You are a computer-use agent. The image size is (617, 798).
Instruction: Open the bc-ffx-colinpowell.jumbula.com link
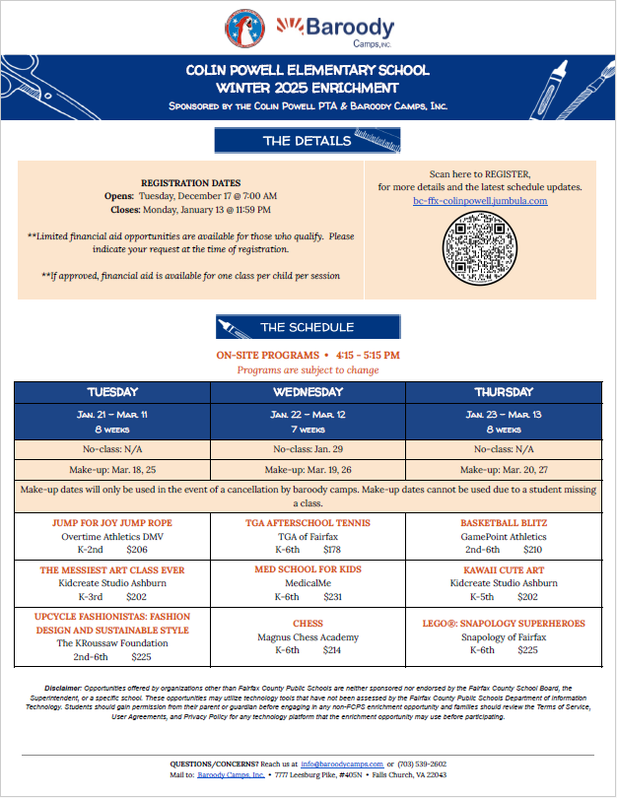(x=480, y=201)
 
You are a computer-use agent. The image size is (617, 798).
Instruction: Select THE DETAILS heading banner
(x=308, y=141)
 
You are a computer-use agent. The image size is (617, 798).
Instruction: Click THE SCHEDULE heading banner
(x=308, y=327)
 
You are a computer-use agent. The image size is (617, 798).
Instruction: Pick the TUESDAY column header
(x=112, y=392)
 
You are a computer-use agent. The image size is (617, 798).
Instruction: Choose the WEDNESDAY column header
(x=308, y=392)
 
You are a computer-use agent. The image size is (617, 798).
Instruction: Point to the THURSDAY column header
(x=503, y=392)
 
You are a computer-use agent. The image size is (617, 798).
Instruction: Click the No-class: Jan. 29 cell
(x=308, y=448)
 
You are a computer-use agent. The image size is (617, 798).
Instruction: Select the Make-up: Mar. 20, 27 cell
(x=503, y=470)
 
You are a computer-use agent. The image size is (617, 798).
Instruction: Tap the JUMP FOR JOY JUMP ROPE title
(x=112, y=523)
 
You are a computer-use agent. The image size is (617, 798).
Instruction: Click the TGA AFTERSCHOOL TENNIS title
(x=307, y=523)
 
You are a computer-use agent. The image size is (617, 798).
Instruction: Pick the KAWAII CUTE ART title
(x=503, y=569)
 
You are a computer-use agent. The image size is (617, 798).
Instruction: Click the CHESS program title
(x=308, y=624)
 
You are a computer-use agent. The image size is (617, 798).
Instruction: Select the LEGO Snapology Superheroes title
(x=503, y=624)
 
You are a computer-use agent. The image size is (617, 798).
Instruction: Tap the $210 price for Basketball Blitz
(x=532, y=550)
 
